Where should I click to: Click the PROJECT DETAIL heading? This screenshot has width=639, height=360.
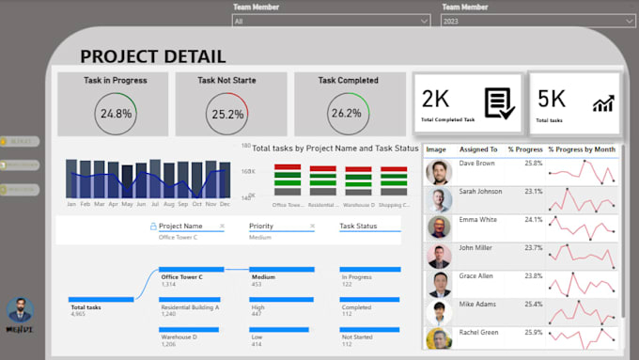[x=152, y=56]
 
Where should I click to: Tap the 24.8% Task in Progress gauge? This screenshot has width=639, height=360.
[x=116, y=114]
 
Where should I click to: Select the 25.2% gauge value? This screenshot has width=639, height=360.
[x=227, y=115]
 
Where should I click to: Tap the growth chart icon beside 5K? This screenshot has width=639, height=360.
[x=602, y=102]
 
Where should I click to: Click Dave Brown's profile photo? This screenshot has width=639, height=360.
[x=438, y=172]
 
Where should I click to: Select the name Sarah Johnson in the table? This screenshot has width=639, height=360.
[x=484, y=192]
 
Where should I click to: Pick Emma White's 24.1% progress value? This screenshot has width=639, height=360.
[x=532, y=220]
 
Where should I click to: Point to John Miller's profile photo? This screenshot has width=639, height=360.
[x=438, y=256]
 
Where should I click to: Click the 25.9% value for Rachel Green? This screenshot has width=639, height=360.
[x=532, y=333]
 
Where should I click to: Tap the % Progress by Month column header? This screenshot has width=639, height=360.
[x=581, y=149]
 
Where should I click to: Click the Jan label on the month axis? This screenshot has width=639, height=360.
[x=71, y=204]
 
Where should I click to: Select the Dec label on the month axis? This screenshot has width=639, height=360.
[x=225, y=204]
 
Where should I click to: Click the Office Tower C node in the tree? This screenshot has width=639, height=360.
[x=181, y=277]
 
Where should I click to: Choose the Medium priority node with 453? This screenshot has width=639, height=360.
[x=263, y=277]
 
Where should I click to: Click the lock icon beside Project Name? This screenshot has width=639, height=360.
[x=153, y=227]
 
